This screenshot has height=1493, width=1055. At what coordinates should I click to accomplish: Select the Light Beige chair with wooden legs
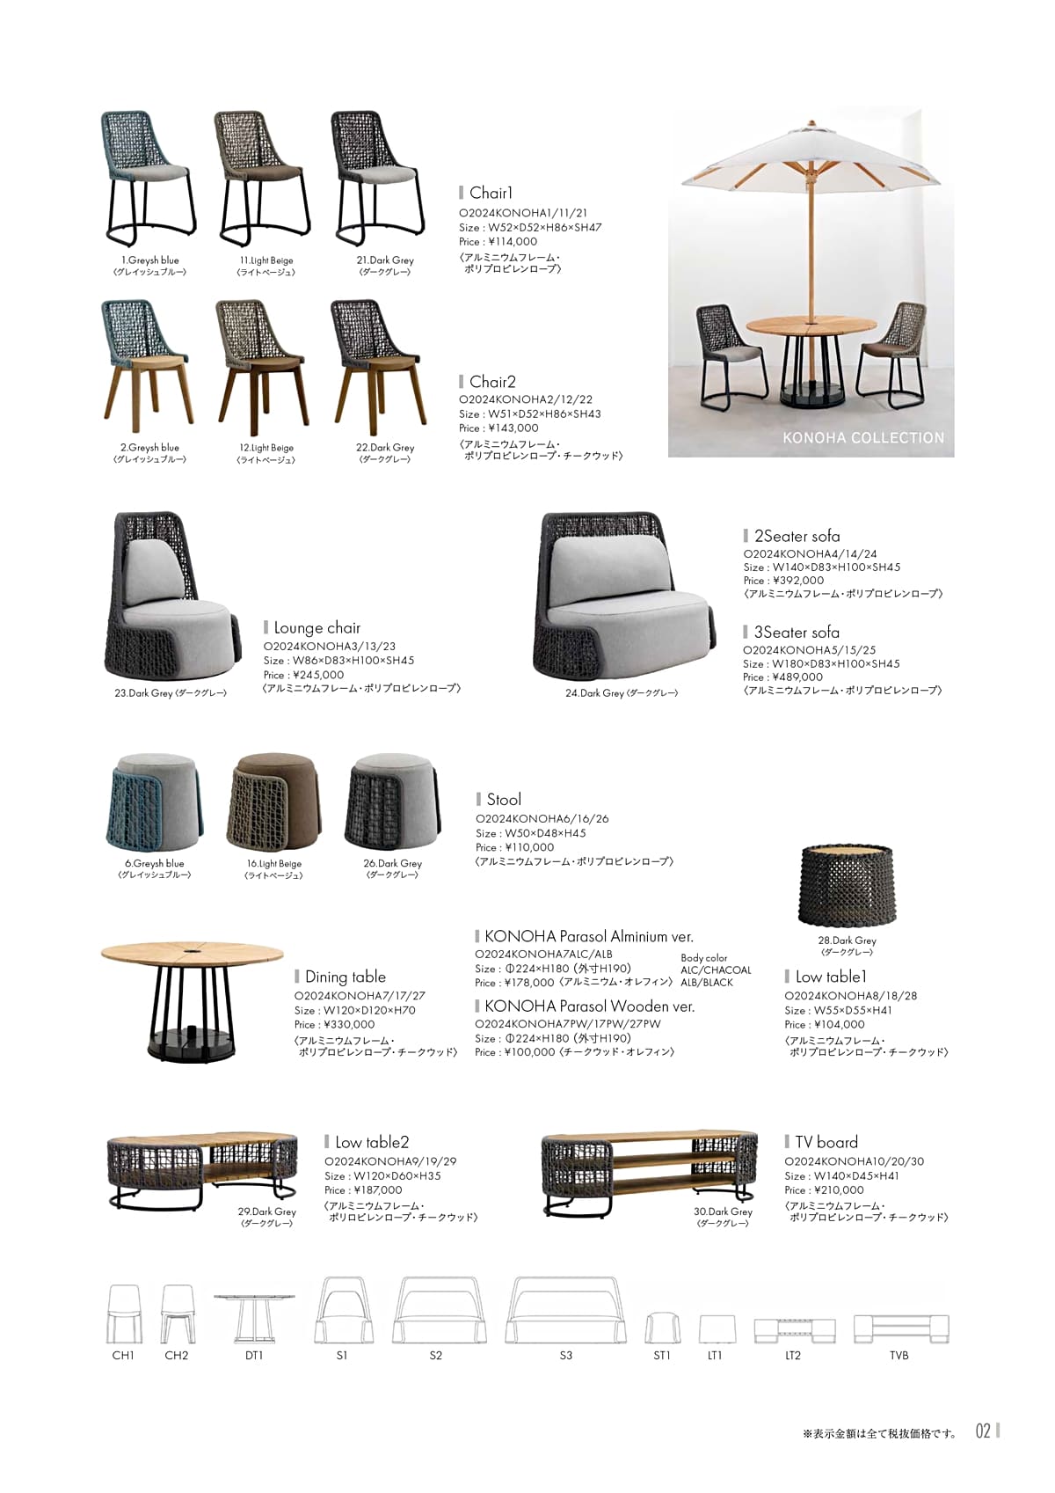pyautogui.click(x=264, y=365)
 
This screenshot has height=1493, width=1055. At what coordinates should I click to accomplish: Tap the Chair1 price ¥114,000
pyautogui.click(x=498, y=242)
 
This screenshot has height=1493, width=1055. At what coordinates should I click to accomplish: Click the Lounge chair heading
pyautogui.click(x=316, y=628)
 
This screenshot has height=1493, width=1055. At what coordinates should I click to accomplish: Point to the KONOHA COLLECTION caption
pyautogui.click(x=862, y=437)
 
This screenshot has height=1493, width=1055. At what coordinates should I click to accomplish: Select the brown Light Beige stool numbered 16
pyautogui.click(x=273, y=802)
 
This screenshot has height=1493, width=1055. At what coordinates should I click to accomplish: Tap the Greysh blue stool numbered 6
pyautogui.click(x=155, y=802)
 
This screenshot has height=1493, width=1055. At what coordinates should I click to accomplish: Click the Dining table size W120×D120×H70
pyautogui.click(x=355, y=1011)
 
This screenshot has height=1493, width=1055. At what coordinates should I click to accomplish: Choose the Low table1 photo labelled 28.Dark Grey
pyautogui.click(x=847, y=886)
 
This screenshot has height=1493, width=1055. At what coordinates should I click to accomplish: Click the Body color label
pyautogui.click(x=704, y=958)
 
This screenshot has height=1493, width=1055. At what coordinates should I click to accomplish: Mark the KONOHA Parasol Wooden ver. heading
pyautogui.click(x=589, y=1006)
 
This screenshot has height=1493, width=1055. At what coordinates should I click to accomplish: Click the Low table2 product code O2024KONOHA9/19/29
pyautogui.click(x=390, y=1162)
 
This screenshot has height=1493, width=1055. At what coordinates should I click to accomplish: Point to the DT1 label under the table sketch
pyautogui.click(x=254, y=1356)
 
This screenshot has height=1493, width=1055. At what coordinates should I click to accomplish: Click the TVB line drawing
pyautogui.click(x=900, y=1328)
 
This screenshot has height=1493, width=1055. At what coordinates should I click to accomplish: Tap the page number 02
pyautogui.click(x=983, y=1431)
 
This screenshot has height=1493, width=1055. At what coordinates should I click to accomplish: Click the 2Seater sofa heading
pyautogui.click(x=797, y=537)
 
